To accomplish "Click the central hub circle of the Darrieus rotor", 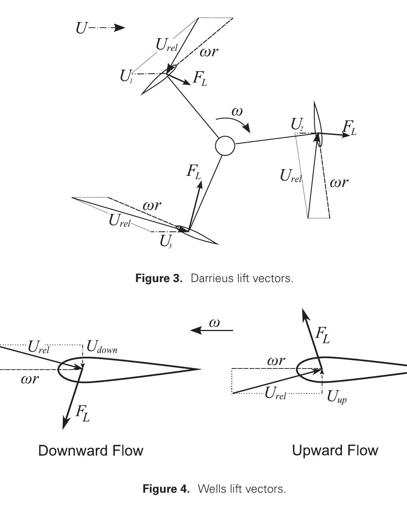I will pyautogui.click(x=225, y=146).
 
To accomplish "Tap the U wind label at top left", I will pyautogui.click(x=81, y=28).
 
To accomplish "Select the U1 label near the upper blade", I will pyautogui.click(x=126, y=76).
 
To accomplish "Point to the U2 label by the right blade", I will pyautogui.click(x=297, y=125).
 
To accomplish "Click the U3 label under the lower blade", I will pyautogui.click(x=166, y=242).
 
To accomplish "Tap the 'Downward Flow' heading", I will pyautogui.click(x=91, y=450).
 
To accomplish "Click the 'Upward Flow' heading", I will pyautogui.click(x=335, y=450).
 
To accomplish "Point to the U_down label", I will pyautogui.click(x=102, y=347).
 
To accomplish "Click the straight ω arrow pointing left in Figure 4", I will pyautogui.click(x=212, y=330).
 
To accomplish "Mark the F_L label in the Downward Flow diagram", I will pyautogui.click(x=83, y=413).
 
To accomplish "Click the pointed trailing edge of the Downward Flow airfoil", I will pyautogui.click(x=200, y=369).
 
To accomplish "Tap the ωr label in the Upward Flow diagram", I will pyautogui.click(x=276, y=361).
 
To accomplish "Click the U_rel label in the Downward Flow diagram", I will pyautogui.click(x=39, y=348).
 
